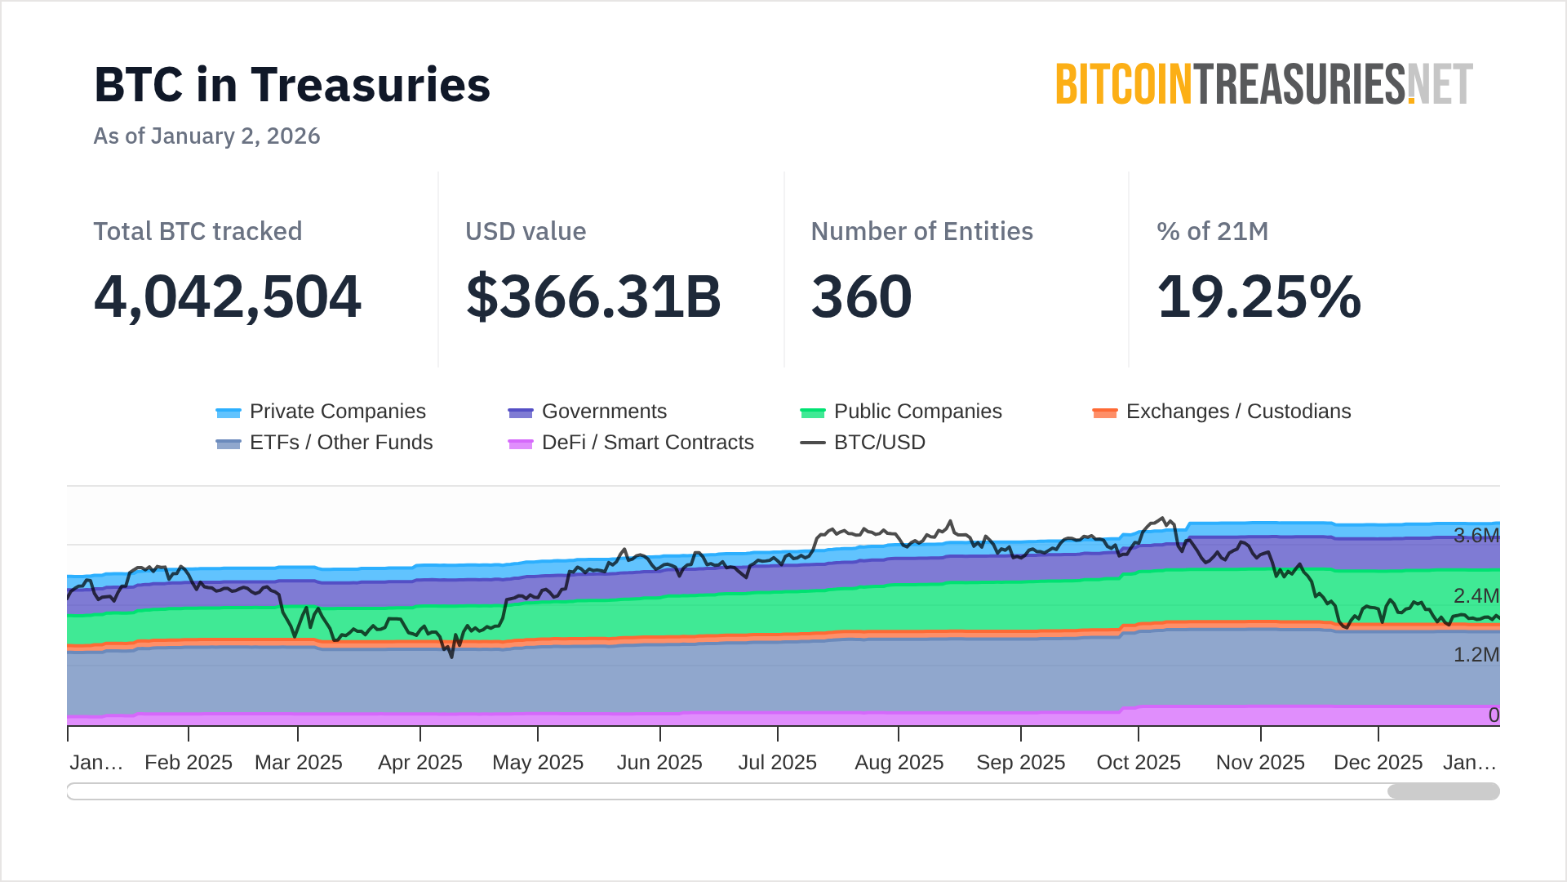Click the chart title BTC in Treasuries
(x=292, y=85)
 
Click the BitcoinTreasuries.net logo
(x=1263, y=85)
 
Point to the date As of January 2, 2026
(x=206, y=136)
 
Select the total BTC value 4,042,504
(x=227, y=296)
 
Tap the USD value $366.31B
(x=593, y=296)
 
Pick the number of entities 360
(x=861, y=296)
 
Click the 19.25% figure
(x=1258, y=296)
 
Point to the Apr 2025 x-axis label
(x=419, y=763)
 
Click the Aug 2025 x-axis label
(x=899, y=763)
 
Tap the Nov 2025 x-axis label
(x=1260, y=763)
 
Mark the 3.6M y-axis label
(x=1476, y=536)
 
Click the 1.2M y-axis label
(x=1476, y=655)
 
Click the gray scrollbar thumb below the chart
(x=1443, y=791)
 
